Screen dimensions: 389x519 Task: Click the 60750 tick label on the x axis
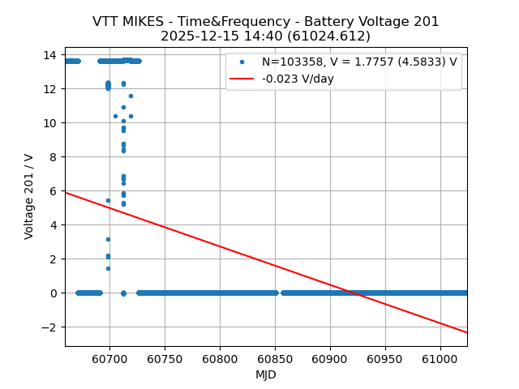165,358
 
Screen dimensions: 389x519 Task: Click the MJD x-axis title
266,374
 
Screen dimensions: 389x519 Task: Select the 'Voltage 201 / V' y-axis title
29,196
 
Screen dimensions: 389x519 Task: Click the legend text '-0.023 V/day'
298,79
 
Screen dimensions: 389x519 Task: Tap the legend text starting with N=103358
359,62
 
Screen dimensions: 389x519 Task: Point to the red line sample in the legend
242,79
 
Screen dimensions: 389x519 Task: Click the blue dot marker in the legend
242,62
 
